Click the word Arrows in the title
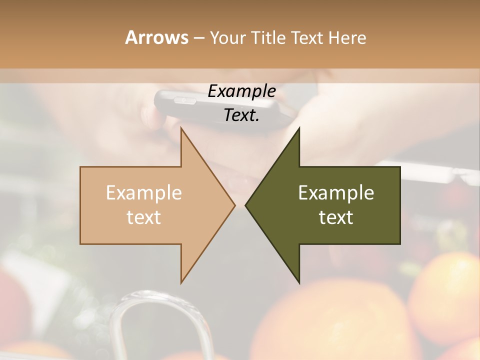click(x=157, y=37)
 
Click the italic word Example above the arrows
click(x=241, y=91)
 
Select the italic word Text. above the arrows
click(x=241, y=115)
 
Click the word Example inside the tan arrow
click(x=143, y=193)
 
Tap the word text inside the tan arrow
click(x=143, y=217)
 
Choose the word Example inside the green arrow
click(x=336, y=193)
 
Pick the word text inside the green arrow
click(x=336, y=217)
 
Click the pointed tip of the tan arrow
click(x=234, y=205)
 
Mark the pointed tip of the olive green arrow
click(x=246, y=205)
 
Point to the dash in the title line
click(x=198, y=38)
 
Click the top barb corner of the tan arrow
click(x=181, y=128)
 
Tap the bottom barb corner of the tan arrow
click(x=181, y=282)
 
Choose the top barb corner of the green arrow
click(x=299, y=128)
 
